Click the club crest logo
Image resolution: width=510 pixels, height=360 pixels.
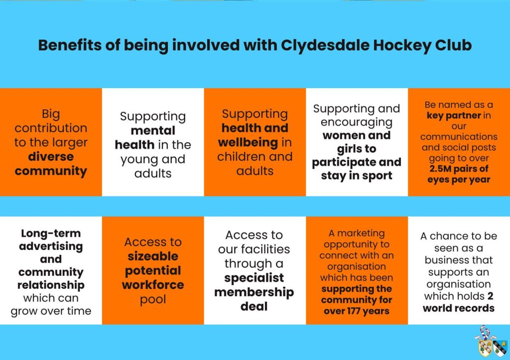click(490, 342)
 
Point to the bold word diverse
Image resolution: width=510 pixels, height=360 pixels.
click(50, 157)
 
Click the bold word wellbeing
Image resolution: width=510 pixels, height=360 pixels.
click(248, 142)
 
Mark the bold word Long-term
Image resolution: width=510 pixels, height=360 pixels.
click(50, 234)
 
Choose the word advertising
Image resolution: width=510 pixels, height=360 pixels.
click(50, 246)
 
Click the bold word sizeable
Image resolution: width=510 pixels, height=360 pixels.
click(152, 256)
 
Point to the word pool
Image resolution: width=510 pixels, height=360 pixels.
click(152, 300)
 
